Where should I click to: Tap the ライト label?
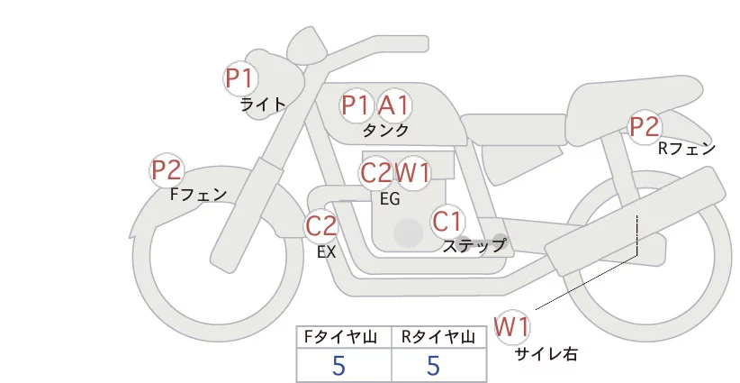pyautogui.click(x=262, y=105)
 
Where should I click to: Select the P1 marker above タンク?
pyautogui.click(x=356, y=105)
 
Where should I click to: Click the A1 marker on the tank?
pyautogui.click(x=393, y=105)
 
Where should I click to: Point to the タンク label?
pyautogui.click(x=385, y=131)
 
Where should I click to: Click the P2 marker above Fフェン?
pyautogui.click(x=167, y=169)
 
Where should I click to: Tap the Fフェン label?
pyautogui.click(x=198, y=194)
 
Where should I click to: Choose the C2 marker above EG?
pyautogui.click(x=375, y=172)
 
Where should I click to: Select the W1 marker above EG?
pyautogui.click(x=413, y=172)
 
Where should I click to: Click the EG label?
pyautogui.click(x=390, y=198)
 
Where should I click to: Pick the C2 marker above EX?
pyautogui.click(x=320, y=225)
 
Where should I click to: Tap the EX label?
pyautogui.click(x=326, y=252)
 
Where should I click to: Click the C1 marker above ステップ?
pyautogui.click(x=447, y=221)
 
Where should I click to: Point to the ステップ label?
pyautogui.click(x=474, y=245)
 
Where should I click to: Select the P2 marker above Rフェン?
pyautogui.click(x=645, y=128)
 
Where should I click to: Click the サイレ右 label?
pyautogui.click(x=546, y=354)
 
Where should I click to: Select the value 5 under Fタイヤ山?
pyautogui.click(x=338, y=365)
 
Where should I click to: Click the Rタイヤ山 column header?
pyautogui.click(x=437, y=338)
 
